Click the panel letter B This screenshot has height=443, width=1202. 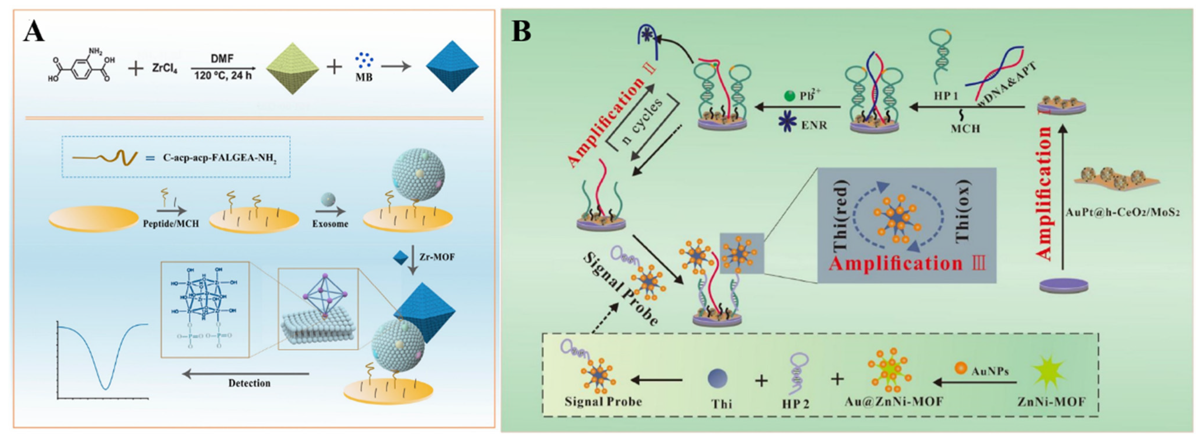pos(522,32)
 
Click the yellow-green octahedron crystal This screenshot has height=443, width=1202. pos(292,69)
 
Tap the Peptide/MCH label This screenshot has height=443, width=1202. pos(171,224)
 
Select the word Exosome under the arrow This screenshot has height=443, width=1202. pos(330,224)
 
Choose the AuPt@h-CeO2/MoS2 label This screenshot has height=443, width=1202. pos(1122,213)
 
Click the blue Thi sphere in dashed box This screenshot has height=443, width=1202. pos(717,379)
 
